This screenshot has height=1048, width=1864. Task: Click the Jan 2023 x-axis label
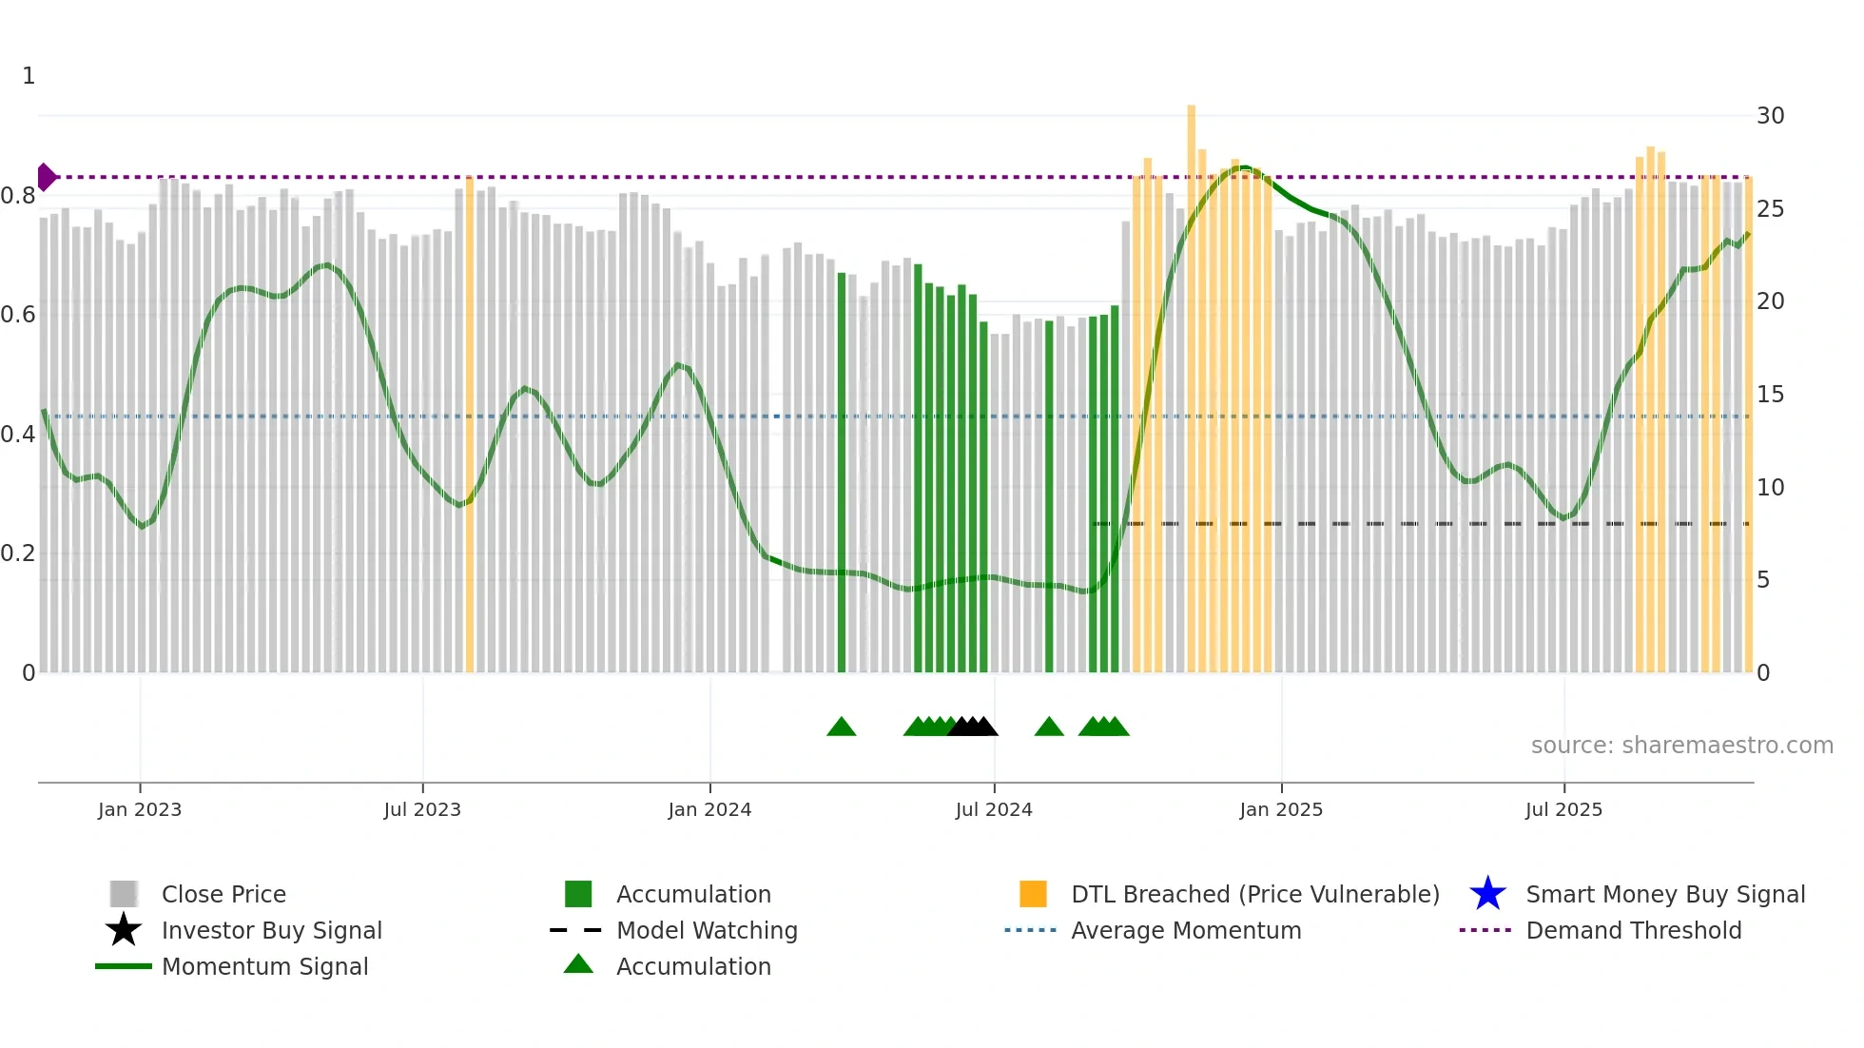coord(139,809)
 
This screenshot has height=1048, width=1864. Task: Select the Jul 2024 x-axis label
coord(994,809)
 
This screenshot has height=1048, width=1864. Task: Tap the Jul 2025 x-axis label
coord(1563,809)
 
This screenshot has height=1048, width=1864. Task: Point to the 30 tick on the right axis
coord(1770,116)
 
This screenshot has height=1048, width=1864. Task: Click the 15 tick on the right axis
coord(1770,395)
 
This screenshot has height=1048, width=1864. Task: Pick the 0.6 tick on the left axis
coord(18,315)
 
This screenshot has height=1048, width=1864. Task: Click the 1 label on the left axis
coord(29,76)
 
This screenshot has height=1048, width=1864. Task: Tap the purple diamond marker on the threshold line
coord(46,177)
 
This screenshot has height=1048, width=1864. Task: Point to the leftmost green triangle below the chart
coord(842,728)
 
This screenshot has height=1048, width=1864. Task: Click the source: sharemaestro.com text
coord(1681,746)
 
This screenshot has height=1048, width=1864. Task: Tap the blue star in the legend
coord(1487,894)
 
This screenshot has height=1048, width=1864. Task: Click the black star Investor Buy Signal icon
coord(124,930)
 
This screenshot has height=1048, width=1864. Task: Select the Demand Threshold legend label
coord(1633,930)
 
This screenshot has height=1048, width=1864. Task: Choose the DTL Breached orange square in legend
coord(1033,894)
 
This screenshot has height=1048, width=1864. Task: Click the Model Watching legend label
coord(707,930)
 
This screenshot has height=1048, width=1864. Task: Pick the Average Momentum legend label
coord(1186,930)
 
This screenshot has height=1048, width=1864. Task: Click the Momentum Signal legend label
coord(264,966)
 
